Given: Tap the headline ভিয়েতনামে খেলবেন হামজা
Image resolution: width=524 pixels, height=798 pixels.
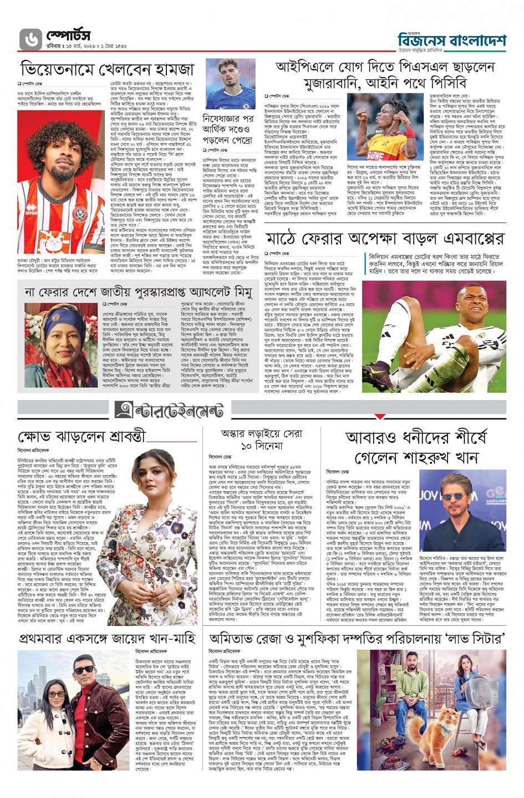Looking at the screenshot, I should (x=108, y=69).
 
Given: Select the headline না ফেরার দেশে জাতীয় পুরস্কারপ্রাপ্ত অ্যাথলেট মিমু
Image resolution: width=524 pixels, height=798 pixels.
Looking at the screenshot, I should (x=138, y=292).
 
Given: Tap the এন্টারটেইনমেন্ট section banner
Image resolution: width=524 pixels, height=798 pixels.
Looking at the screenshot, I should (x=169, y=410).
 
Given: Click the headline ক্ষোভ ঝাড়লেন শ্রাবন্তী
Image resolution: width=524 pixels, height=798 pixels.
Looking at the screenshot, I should (x=81, y=436).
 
